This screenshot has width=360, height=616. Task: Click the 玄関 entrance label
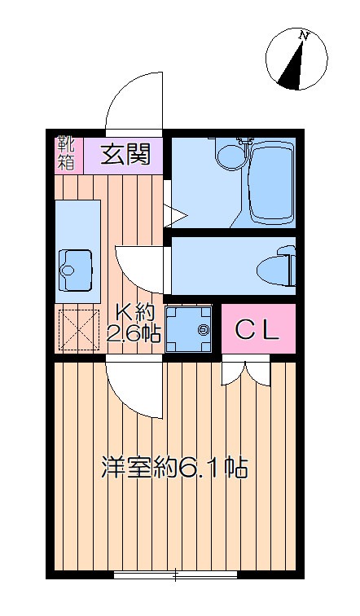[125, 154]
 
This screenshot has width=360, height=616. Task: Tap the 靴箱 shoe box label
[67, 154]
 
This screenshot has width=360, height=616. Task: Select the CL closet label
[258, 330]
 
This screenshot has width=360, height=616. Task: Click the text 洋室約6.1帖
[174, 466]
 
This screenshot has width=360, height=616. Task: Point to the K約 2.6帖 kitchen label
[134, 324]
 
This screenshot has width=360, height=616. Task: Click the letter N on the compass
[303, 36]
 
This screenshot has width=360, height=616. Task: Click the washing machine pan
[189, 329]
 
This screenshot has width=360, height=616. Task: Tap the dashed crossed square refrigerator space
[78, 330]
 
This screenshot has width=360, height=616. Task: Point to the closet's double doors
[246, 374]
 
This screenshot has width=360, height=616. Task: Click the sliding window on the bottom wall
[175, 574]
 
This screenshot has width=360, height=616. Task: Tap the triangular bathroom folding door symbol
[175, 215]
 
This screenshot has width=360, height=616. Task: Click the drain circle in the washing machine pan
[204, 329]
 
